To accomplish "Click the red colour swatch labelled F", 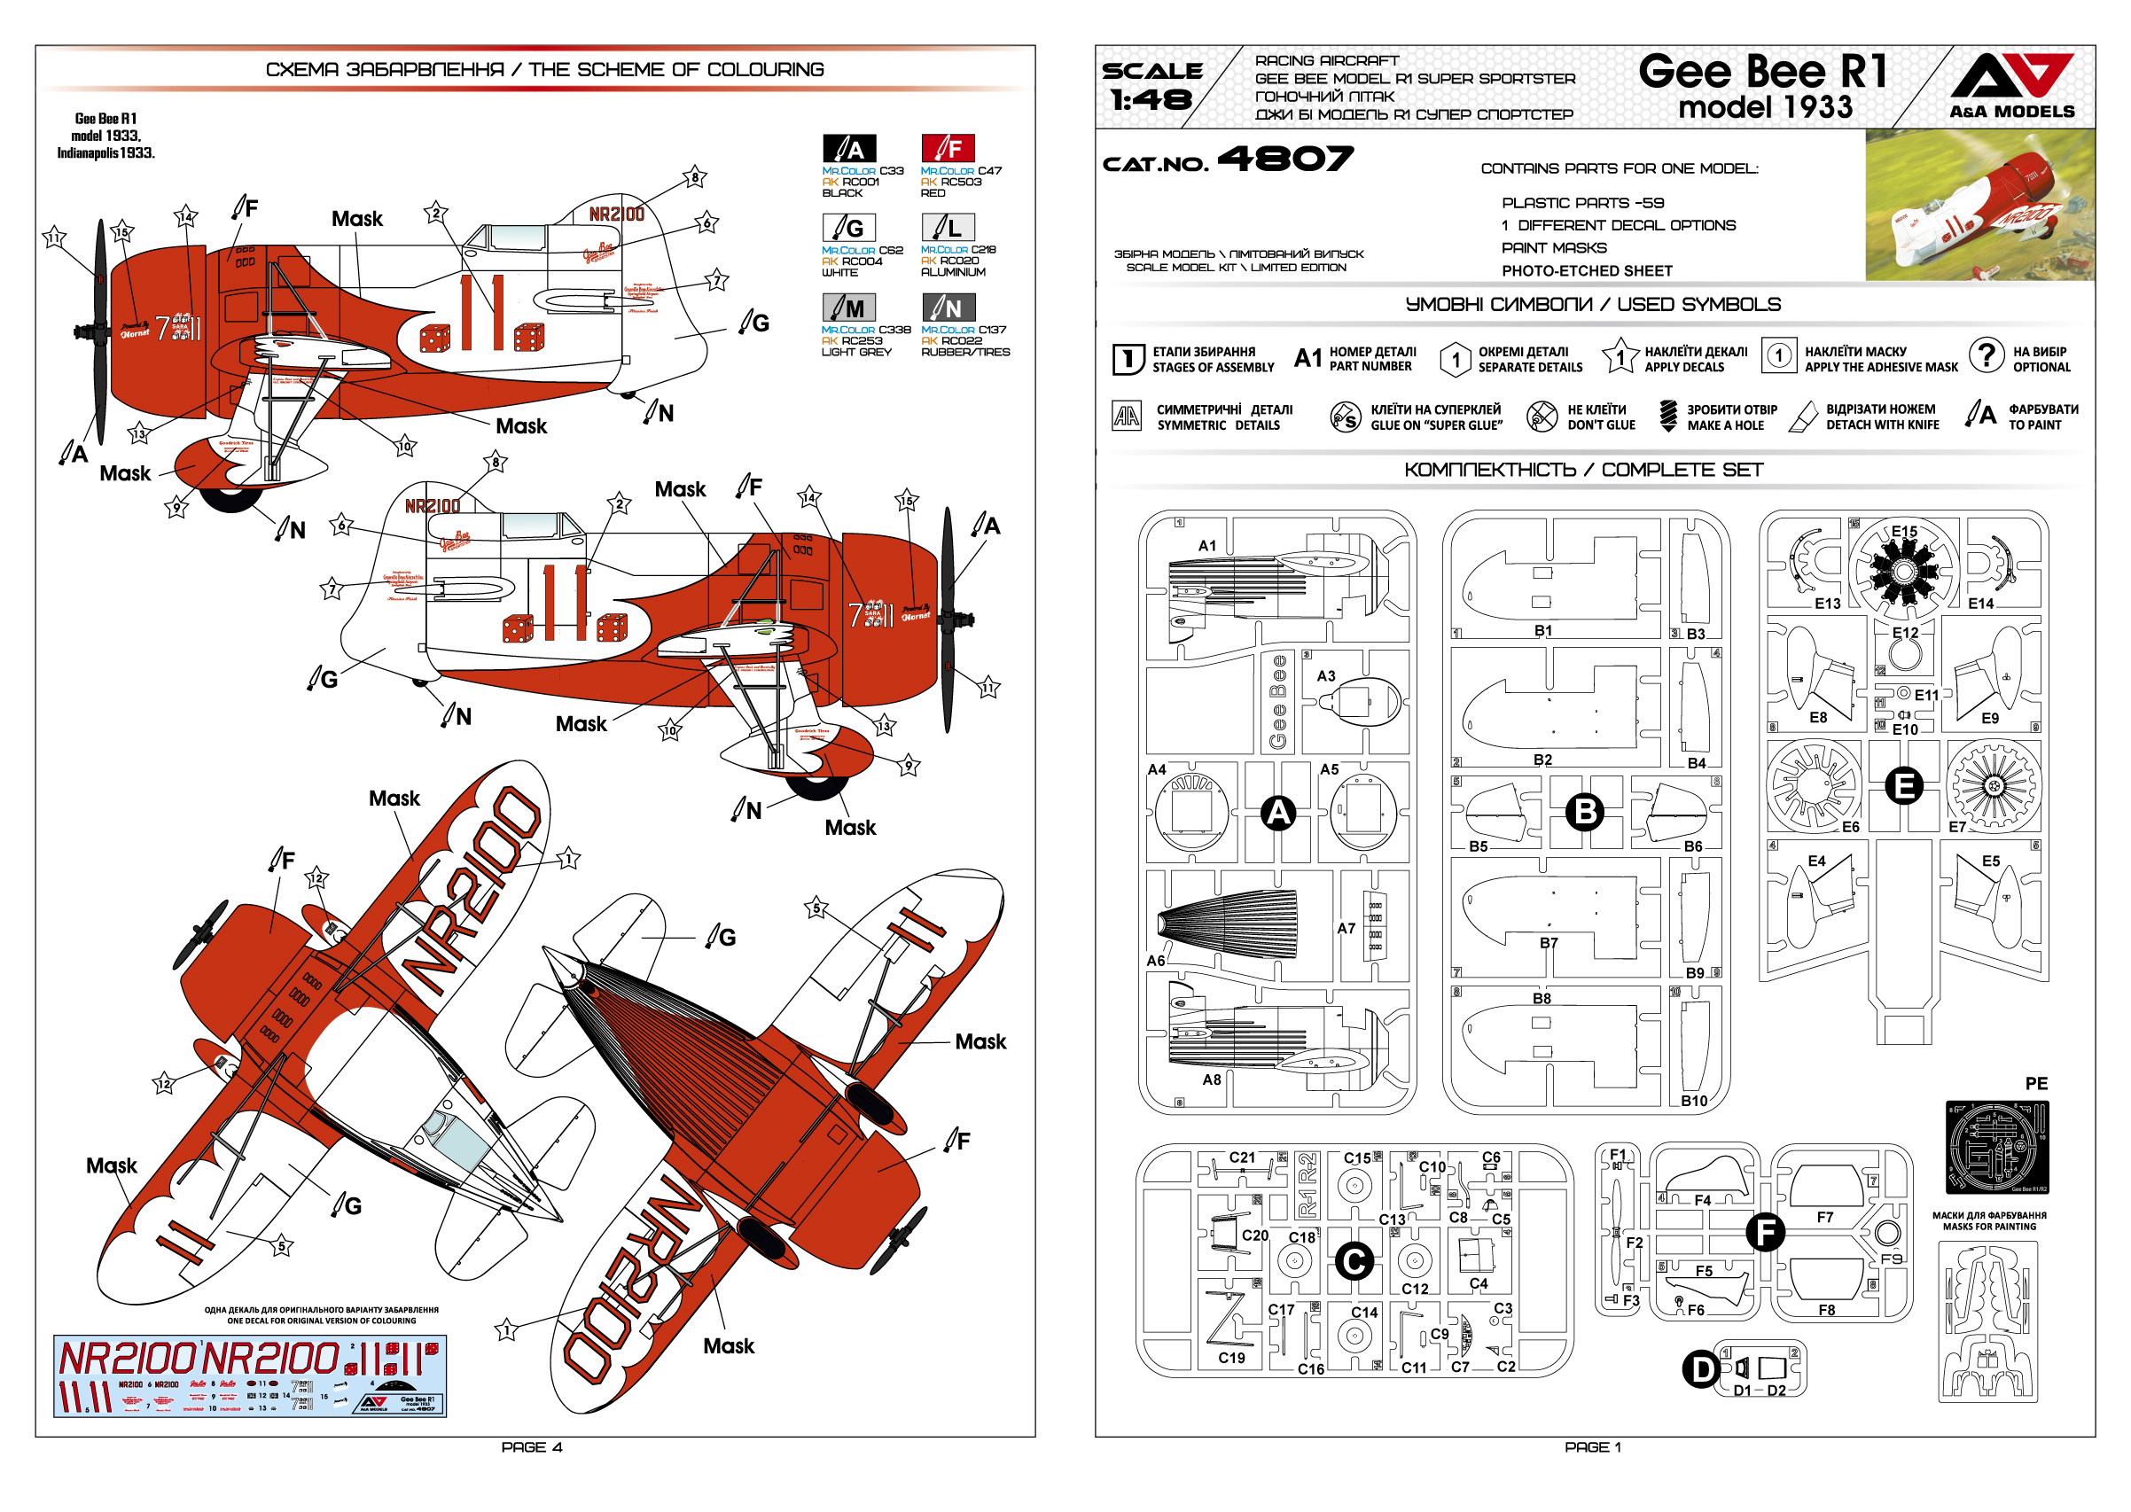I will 947,148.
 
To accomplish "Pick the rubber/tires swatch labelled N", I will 947,308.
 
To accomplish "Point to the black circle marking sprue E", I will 1903,786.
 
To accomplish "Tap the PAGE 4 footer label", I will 532,1446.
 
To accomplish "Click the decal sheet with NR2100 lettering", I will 249,1376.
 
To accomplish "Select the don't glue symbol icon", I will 1541,417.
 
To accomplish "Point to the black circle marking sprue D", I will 1701,1369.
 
